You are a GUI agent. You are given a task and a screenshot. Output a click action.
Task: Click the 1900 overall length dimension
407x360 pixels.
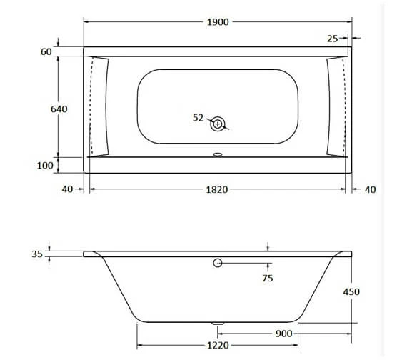coord(218,22)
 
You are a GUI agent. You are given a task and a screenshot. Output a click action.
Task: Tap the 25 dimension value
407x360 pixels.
coord(333,38)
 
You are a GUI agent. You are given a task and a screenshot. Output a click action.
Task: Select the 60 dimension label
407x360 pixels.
coord(46,52)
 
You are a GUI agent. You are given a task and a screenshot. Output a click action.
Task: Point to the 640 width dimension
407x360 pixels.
coord(59,109)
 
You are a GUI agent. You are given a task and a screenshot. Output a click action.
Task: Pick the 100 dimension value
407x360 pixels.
coord(45,165)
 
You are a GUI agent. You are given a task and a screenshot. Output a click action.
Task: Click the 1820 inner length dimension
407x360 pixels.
coord(217,189)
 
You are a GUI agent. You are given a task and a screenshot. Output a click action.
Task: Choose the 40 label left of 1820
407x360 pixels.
coord(67,189)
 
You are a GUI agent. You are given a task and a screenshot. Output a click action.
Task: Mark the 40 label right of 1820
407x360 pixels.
coord(370,189)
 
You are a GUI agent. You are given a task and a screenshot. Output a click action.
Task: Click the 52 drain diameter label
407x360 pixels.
coord(199,117)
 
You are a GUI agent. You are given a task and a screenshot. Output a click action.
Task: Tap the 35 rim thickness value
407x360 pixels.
coord(37,254)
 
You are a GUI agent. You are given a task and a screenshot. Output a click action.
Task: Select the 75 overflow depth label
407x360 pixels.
coord(267,278)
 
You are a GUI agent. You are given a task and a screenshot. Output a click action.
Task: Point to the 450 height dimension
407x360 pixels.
coord(351,291)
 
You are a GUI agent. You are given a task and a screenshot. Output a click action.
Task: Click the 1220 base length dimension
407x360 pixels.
coord(217,346)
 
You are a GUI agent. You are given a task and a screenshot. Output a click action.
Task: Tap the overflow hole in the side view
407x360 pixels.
coord(218,264)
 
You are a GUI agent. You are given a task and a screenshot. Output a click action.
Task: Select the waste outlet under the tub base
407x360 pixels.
coord(218,324)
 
